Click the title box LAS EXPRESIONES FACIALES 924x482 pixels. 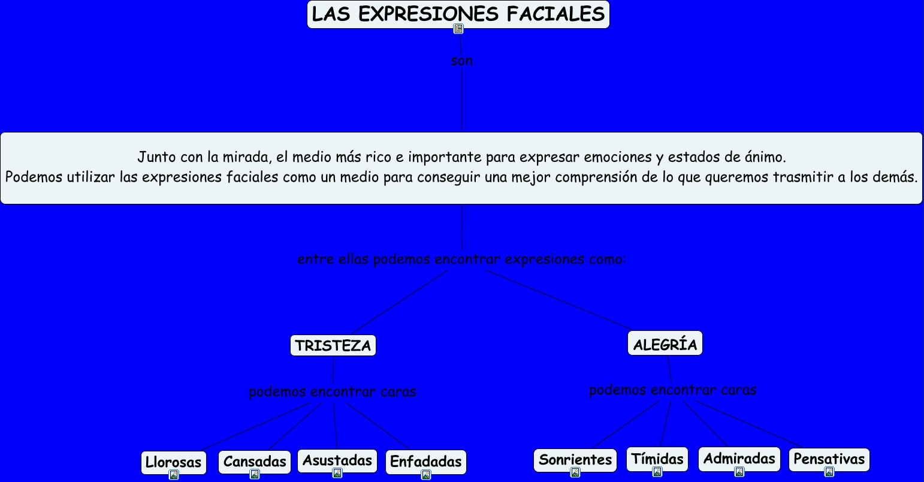click(458, 14)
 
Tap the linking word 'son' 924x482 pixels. click(461, 61)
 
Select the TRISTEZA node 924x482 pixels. click(333, 345)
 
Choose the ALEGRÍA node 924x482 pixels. click(665, 344)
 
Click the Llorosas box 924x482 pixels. click(173, 462)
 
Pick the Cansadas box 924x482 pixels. click(255, 462)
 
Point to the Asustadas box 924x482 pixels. click(337, 460)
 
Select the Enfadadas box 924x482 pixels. click(425, 462)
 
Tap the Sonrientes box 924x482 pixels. click(575, 460)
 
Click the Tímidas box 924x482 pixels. click(657, 459)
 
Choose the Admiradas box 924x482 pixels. click(739, 459)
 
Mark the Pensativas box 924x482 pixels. click(829, 459)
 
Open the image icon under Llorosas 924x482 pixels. click(174, 475)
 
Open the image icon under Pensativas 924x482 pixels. click(829, 472)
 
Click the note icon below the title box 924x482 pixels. click(458, 29)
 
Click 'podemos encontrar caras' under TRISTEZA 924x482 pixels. click(332, 391)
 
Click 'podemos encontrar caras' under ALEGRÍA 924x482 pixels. click(672, 390)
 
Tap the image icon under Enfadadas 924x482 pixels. click(425, 475)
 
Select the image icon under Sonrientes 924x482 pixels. click(575, 472)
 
